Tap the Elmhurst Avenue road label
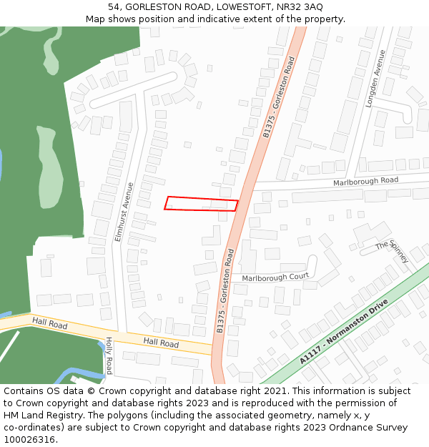pos(124,212)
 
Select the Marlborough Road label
pos(365,182)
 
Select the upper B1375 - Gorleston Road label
pos(279,97)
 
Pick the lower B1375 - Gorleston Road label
pos(226,291)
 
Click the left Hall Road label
pos(49,325)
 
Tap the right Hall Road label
pos(161,343)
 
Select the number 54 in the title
pos(115,6)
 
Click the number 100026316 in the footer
pos(31,439)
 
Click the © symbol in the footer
pos(92,391)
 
